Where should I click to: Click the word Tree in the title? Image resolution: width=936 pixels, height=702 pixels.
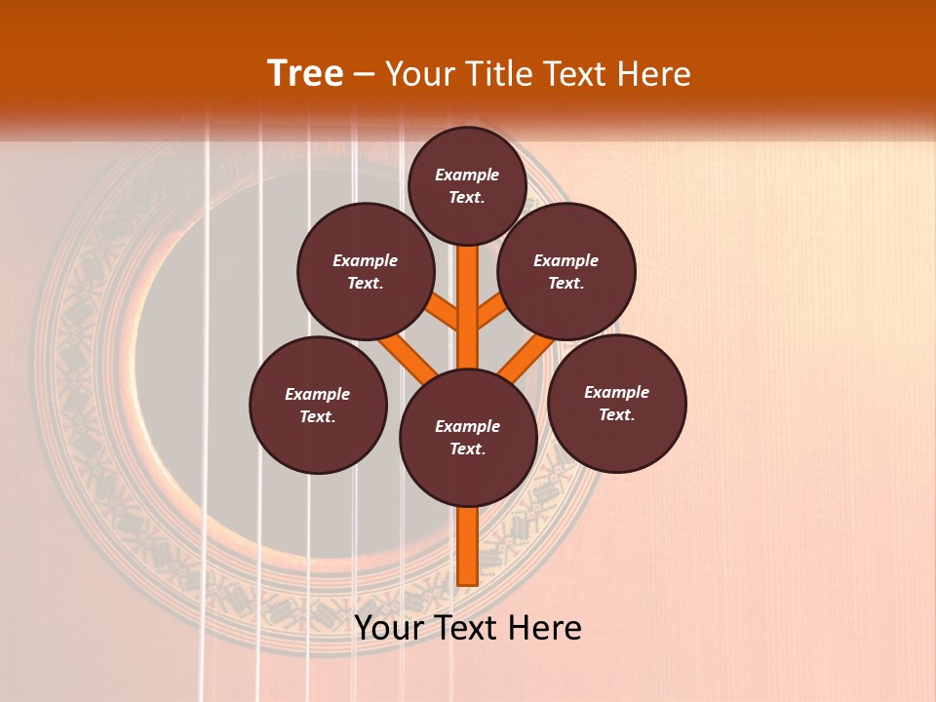305,74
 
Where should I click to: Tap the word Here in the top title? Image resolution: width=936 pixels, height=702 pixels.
654,74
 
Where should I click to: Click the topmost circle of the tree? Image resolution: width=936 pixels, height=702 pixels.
467,185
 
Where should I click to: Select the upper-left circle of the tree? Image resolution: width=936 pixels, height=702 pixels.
366,271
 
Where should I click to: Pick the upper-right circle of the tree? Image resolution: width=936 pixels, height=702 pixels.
566,271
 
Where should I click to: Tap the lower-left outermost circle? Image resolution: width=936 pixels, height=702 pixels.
318,405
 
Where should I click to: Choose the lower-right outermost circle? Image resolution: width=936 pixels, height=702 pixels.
616,403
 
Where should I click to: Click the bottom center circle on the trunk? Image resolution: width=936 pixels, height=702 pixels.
468,437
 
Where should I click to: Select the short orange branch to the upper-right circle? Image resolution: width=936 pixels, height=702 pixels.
491,314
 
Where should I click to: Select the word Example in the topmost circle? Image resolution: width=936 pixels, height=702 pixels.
467,175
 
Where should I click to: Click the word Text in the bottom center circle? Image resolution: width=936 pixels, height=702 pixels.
466,449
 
